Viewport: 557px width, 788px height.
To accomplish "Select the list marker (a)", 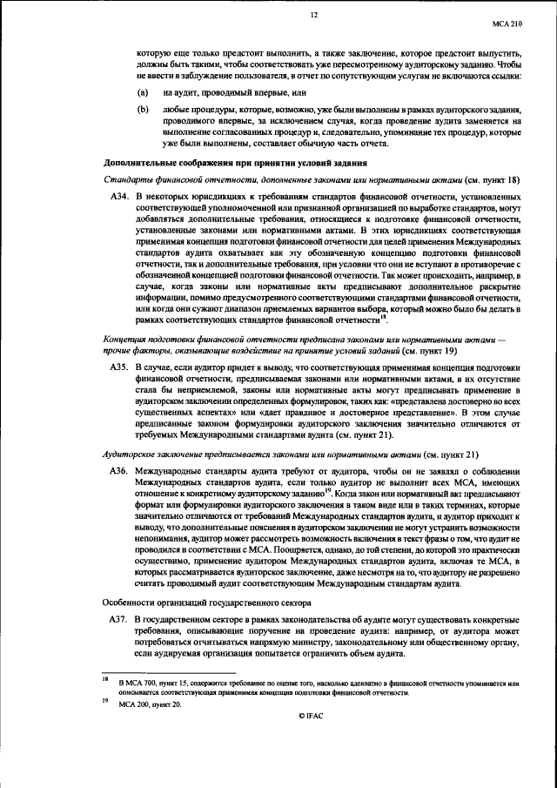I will point(143,91).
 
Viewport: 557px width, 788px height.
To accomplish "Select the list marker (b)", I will point(143,110).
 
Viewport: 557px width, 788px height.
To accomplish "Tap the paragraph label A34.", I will point(119,199).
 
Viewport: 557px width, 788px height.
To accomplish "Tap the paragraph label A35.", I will point(119,369).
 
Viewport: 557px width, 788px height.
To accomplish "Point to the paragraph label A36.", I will point(119,469).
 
